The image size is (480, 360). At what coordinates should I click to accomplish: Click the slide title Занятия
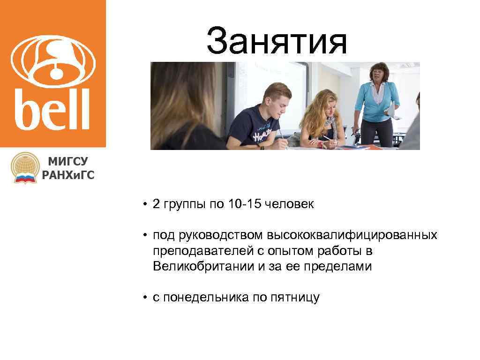tap(277, 41)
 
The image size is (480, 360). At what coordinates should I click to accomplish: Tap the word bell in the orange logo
tap(52, 110)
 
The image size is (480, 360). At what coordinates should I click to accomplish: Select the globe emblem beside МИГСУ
tap(25, 167)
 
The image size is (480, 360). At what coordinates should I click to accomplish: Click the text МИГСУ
tap(67, 162)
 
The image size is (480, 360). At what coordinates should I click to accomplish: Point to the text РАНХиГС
tap(68, 175)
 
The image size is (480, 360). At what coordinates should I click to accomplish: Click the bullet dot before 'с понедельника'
tap(146, 297)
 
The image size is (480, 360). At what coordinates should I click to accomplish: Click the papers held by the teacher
tap(391, 112)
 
